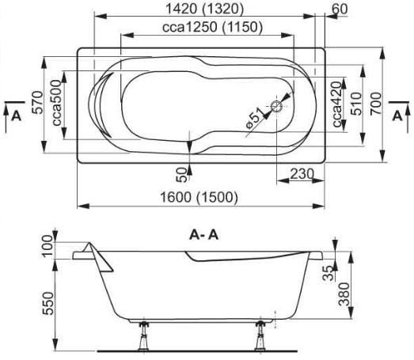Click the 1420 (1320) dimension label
(204, 9)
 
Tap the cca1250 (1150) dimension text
(213, 27)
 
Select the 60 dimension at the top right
(340, 9)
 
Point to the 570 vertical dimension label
(37, 102)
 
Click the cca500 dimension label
(57, 103)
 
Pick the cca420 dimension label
(337, 104)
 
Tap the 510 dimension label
(356, 104)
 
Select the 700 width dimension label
(375, 104)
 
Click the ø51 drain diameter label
(255, 118)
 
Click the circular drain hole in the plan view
(276, 106)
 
